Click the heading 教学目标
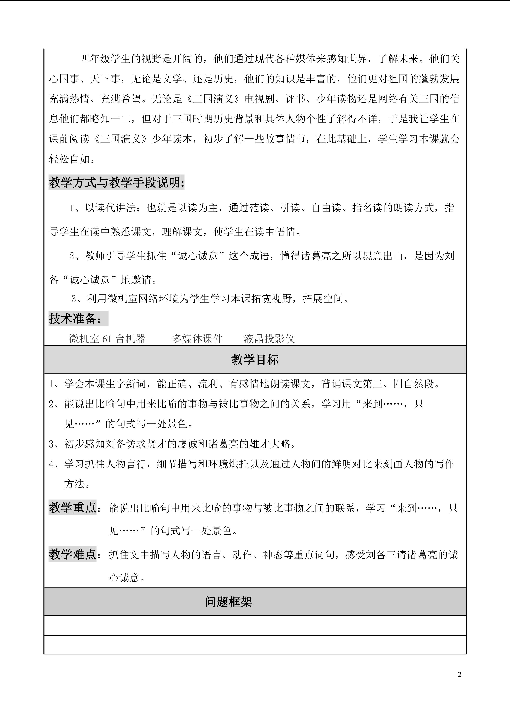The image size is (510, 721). (255, 360)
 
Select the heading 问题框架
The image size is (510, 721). (229, 602)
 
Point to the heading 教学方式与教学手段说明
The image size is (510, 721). (116, 182)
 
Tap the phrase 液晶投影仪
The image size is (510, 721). (269, 339)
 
